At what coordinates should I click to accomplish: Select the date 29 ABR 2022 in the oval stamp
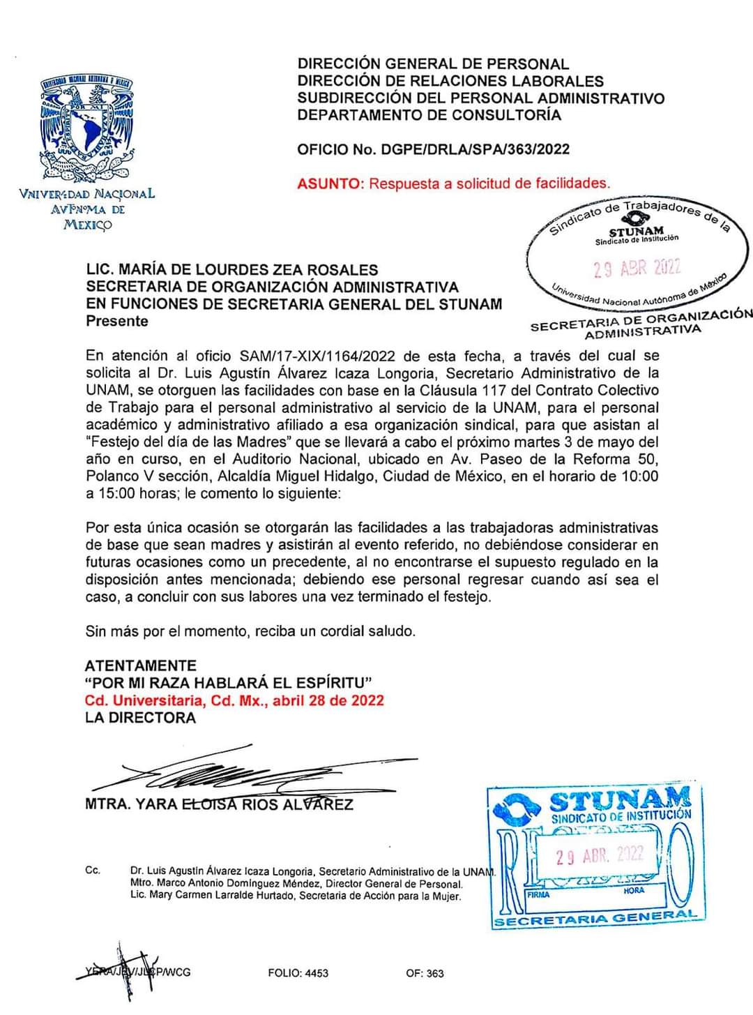637,268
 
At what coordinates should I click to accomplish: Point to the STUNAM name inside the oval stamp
636,232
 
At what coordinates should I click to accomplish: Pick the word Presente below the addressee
116,322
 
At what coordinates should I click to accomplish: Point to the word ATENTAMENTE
140,666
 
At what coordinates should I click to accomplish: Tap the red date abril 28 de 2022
328,700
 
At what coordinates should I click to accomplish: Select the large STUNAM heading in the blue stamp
620,798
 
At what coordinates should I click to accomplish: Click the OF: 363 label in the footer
425,973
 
